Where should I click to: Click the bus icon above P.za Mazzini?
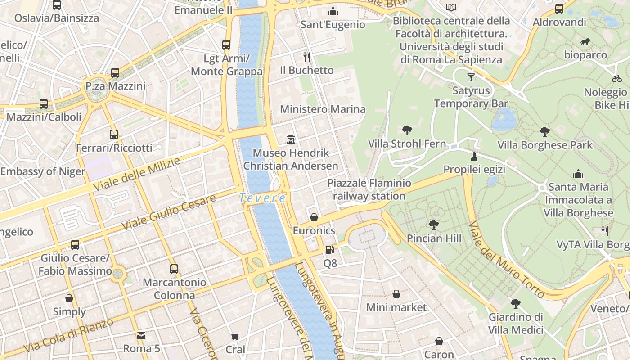point(115,73)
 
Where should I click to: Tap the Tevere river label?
point(262,198)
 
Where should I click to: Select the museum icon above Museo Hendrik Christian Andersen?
point(291,139)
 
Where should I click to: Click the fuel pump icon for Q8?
point(330,249)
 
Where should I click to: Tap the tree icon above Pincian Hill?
point(434,225)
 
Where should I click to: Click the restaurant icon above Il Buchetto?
point(307,57)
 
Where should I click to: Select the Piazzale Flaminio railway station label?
point(369,189)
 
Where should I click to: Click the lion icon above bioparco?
point(585,42)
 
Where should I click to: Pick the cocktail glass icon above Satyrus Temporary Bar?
point(471,77)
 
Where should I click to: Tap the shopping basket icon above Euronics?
point(314,217)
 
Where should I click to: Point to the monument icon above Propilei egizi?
point(474,156)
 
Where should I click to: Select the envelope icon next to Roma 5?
point(141,336)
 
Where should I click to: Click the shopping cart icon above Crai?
point(235,336)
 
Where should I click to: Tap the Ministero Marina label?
point(323,109)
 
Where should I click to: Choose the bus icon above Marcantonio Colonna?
point(174,269)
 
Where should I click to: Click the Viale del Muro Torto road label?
point(506,260)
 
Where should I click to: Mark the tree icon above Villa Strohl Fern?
point(407,130)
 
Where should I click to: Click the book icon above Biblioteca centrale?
point(451,7)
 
